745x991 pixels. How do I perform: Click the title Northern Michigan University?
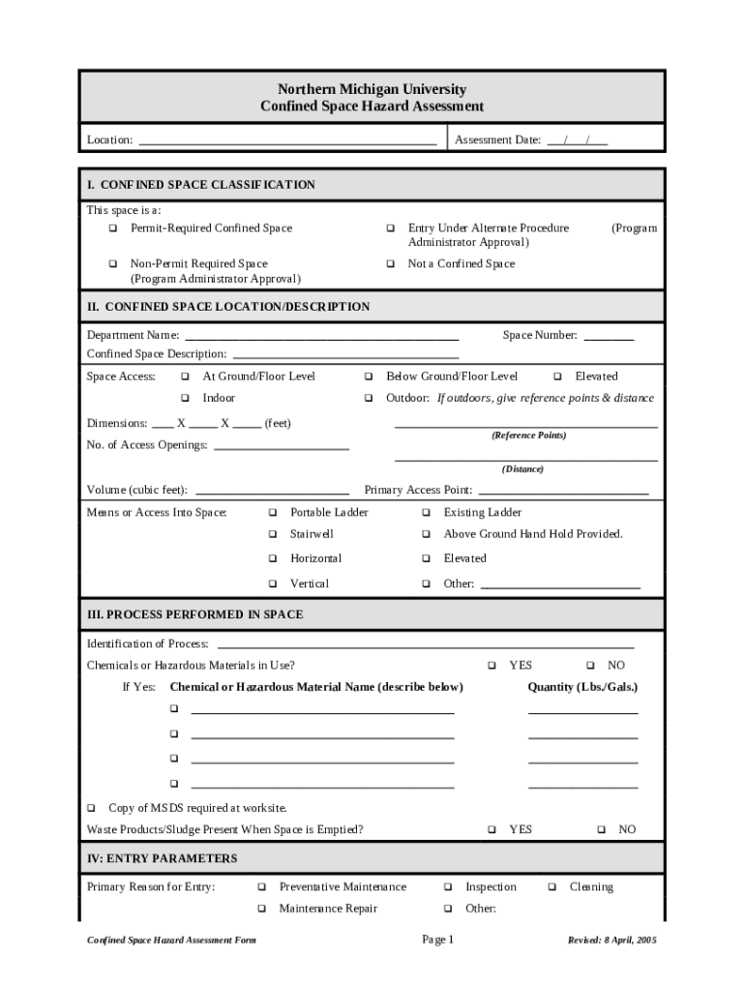372,89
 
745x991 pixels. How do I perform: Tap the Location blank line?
287,140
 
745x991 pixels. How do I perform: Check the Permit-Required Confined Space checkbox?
113,228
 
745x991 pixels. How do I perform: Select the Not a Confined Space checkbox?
391,264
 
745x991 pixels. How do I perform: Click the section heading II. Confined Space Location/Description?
228,307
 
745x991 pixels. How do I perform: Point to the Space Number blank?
609,337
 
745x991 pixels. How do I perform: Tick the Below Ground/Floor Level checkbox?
369,376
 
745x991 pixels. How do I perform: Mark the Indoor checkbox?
185,399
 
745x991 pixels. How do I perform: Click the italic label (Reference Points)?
527,435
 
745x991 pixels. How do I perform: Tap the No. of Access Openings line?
281,446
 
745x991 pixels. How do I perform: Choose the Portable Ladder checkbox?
273,513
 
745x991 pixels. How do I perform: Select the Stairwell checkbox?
273,534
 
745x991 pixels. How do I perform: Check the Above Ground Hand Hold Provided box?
426,534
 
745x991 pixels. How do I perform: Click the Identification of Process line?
426,645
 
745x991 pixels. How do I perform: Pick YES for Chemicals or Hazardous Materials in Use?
492,666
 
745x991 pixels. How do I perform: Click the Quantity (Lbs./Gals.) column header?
582,687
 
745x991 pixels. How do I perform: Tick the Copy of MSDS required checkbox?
92,808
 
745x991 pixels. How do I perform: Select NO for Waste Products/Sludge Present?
601,829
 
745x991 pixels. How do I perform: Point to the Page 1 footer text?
437,940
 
